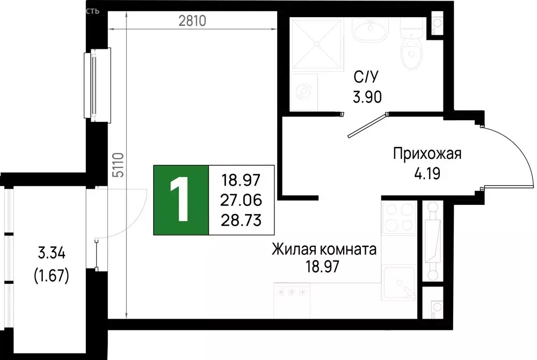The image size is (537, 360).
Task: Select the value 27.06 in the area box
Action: click(241, 200)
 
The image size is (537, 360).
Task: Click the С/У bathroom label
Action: click(363, 79)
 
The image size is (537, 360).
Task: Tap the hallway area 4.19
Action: click(427, 174)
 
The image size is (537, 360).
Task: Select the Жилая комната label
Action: click(324, 249)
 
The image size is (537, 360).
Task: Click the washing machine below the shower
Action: click(304, 92)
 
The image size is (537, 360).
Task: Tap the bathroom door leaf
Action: click(367, 125)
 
